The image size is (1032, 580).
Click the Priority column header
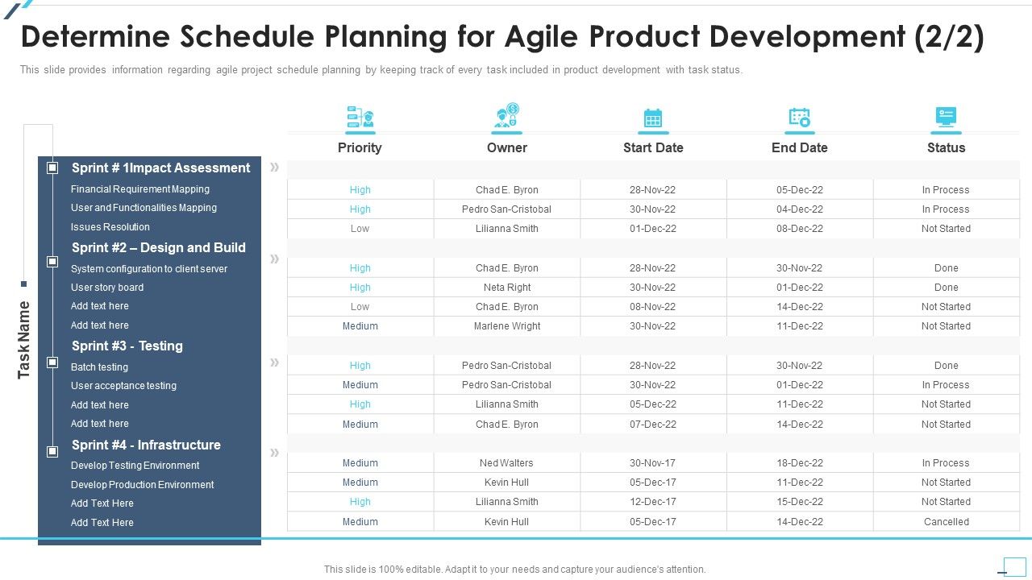click(x=360, y=147)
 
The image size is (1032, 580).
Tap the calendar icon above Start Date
click(x=653, y=118)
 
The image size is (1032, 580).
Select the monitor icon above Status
click(x=946, y=118)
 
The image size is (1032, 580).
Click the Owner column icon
click(x=507, y=117)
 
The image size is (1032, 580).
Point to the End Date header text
click(x=799, y=147)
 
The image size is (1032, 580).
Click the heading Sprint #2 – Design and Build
click(x=158, y=248)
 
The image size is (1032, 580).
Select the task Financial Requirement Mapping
click(x=139, y=189)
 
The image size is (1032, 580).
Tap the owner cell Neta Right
click(x=507, y=288)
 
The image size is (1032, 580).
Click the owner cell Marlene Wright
click(x=507, y=326)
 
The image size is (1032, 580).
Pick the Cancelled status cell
click(x=946, y=522)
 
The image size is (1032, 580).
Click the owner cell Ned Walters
click(x=506, y=463)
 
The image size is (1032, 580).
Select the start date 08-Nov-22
click(x=653, y=307)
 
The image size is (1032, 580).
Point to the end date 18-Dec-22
click(x=799, y=463)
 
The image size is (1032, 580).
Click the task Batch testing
click(x=99, y=367)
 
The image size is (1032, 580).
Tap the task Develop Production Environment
click(x=142, y=485)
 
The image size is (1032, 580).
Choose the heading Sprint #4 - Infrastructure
click(x=146, y=445)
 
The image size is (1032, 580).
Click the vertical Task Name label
click(x=24, y=339)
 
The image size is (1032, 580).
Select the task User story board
click(x=107, y=288)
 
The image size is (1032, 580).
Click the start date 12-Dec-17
click(x=653, y=502)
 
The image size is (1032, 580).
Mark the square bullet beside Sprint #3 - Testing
click(x=52, y=362)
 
